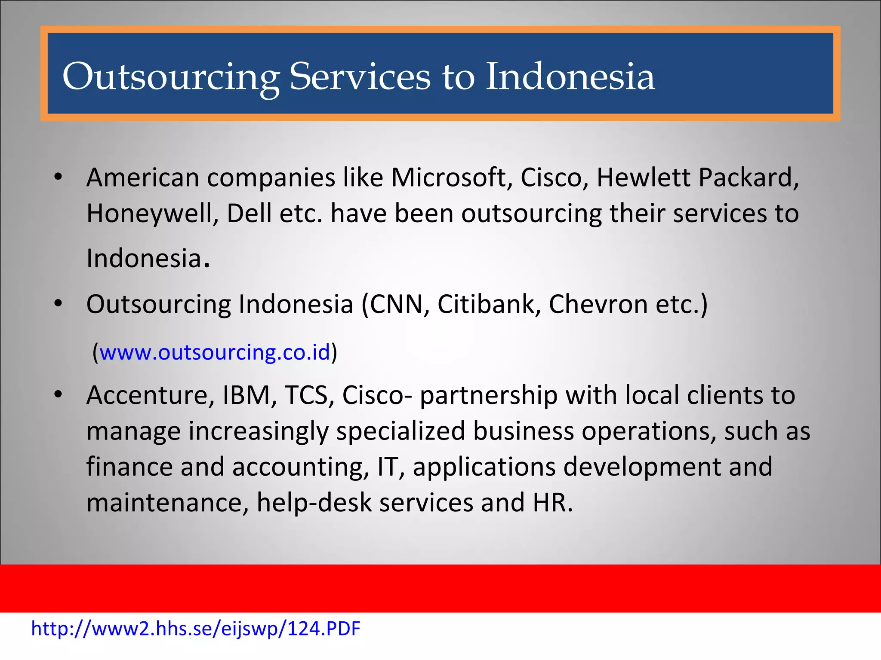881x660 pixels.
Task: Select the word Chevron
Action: [x=598, y=305]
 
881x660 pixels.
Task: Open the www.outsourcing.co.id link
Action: [x=215, y=352]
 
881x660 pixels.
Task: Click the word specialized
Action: [x=400, y=431]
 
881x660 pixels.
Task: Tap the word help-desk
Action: [x=314, y=503]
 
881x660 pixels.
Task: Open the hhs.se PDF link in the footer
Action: [x=196, y=629]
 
